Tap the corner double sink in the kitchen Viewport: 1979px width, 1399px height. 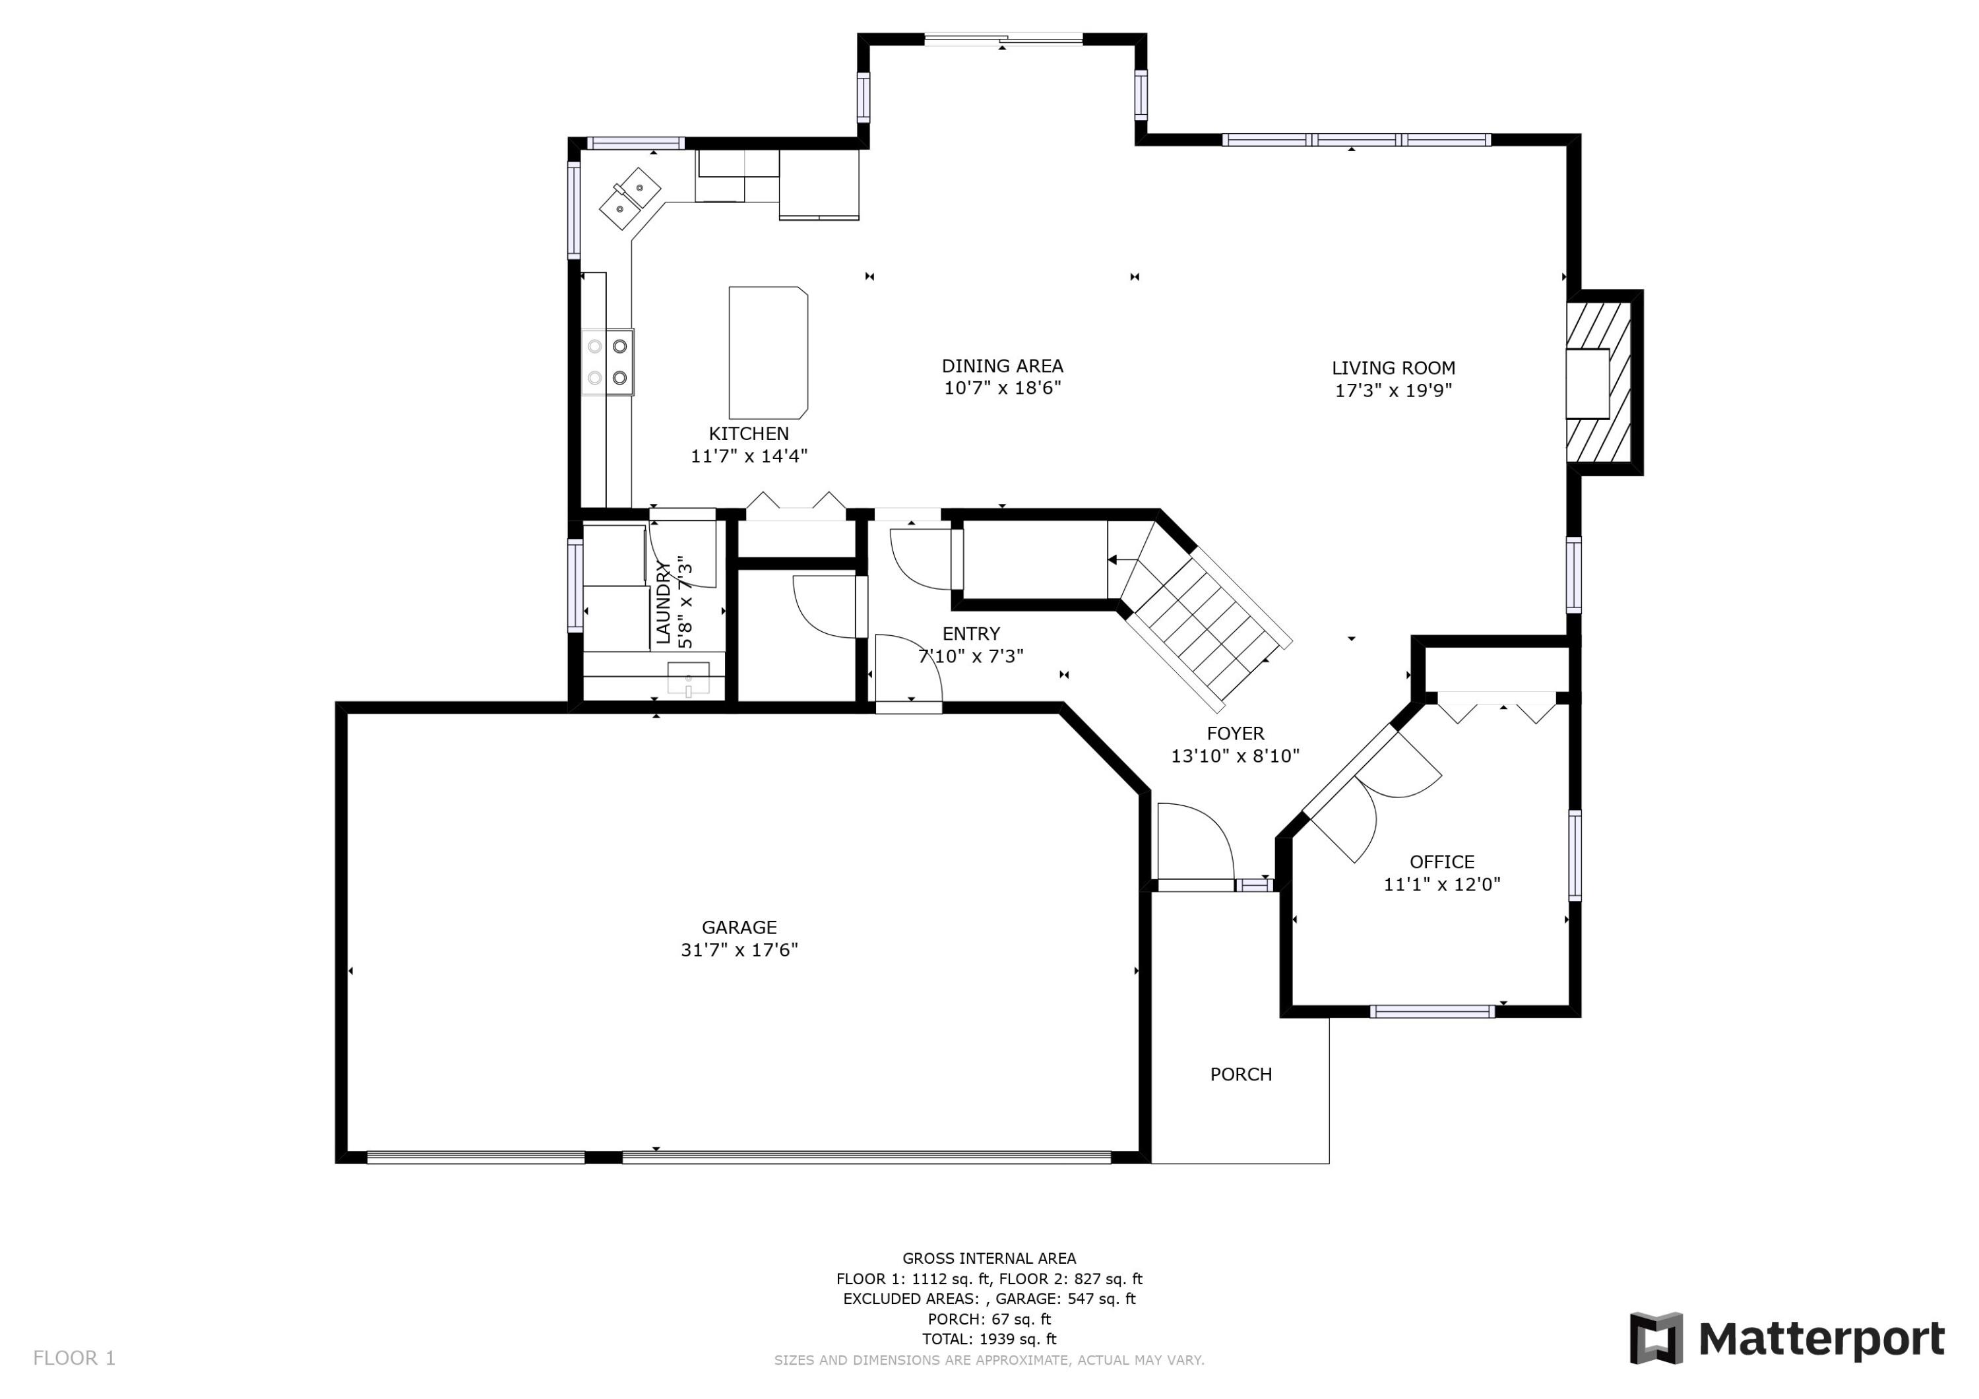(630, 199)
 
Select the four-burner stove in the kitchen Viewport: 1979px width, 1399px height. (607, 362)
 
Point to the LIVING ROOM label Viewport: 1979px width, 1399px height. (1393, 368)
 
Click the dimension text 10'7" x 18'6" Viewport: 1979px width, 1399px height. (1001, 388)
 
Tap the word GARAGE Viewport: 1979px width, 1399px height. (739, 927)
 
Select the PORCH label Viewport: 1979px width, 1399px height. (1240, 1074)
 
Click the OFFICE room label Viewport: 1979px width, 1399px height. (1441, 861)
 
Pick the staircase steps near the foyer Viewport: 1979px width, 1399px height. (1207, 625)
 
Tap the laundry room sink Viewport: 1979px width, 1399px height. (688, 677)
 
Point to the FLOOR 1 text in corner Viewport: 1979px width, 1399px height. (74, 1359)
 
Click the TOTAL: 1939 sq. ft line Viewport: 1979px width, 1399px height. (989, 1339)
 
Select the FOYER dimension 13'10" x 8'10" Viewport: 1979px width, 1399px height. (1234, 756)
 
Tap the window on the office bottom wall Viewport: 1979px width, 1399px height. (1431, 1011)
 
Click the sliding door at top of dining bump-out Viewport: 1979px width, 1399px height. (1003, 39)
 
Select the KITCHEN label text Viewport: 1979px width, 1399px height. (748, 433)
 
